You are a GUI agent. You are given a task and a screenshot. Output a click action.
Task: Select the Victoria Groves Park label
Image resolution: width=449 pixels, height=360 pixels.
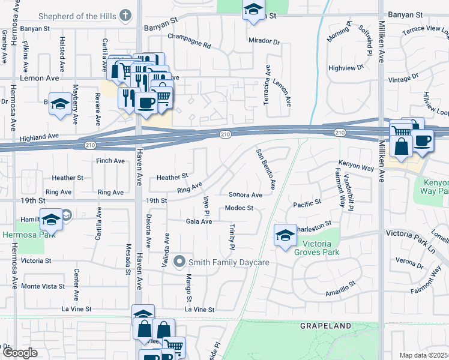pyautogui.click(x=321, y=248)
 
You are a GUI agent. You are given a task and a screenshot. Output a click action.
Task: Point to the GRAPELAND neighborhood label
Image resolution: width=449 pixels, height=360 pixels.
pyautogui.click(x=326, y=326)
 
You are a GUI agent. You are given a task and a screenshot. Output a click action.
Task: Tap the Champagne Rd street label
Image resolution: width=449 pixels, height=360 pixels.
pyautogui.click(x=190, y=45)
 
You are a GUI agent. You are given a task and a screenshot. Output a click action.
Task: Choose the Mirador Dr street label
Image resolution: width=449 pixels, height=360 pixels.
pyautogui.click(x=264, y=41)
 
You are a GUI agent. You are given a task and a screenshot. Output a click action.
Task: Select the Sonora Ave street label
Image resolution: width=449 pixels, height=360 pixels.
pyautogui.click(x=245, y=195)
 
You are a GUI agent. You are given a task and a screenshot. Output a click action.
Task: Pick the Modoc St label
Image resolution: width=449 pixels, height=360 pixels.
pyautogui.click(x=240, y=208)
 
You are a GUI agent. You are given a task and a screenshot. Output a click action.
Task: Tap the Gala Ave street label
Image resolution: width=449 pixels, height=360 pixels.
pyautogui.click(x=199, y=221)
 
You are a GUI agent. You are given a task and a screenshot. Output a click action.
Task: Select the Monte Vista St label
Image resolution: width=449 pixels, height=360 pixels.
pyautogui.click(x=43, y=287)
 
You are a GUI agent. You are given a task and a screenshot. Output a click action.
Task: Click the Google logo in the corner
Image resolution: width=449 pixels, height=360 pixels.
pyautogui.click(x=19, y=353)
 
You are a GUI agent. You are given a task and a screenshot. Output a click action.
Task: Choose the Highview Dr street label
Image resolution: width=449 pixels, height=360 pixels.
pyautogui.click(x=346, y=68)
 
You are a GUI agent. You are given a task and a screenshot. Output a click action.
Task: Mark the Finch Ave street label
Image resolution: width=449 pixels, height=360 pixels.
pyautogui.click(x=110, y=161)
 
